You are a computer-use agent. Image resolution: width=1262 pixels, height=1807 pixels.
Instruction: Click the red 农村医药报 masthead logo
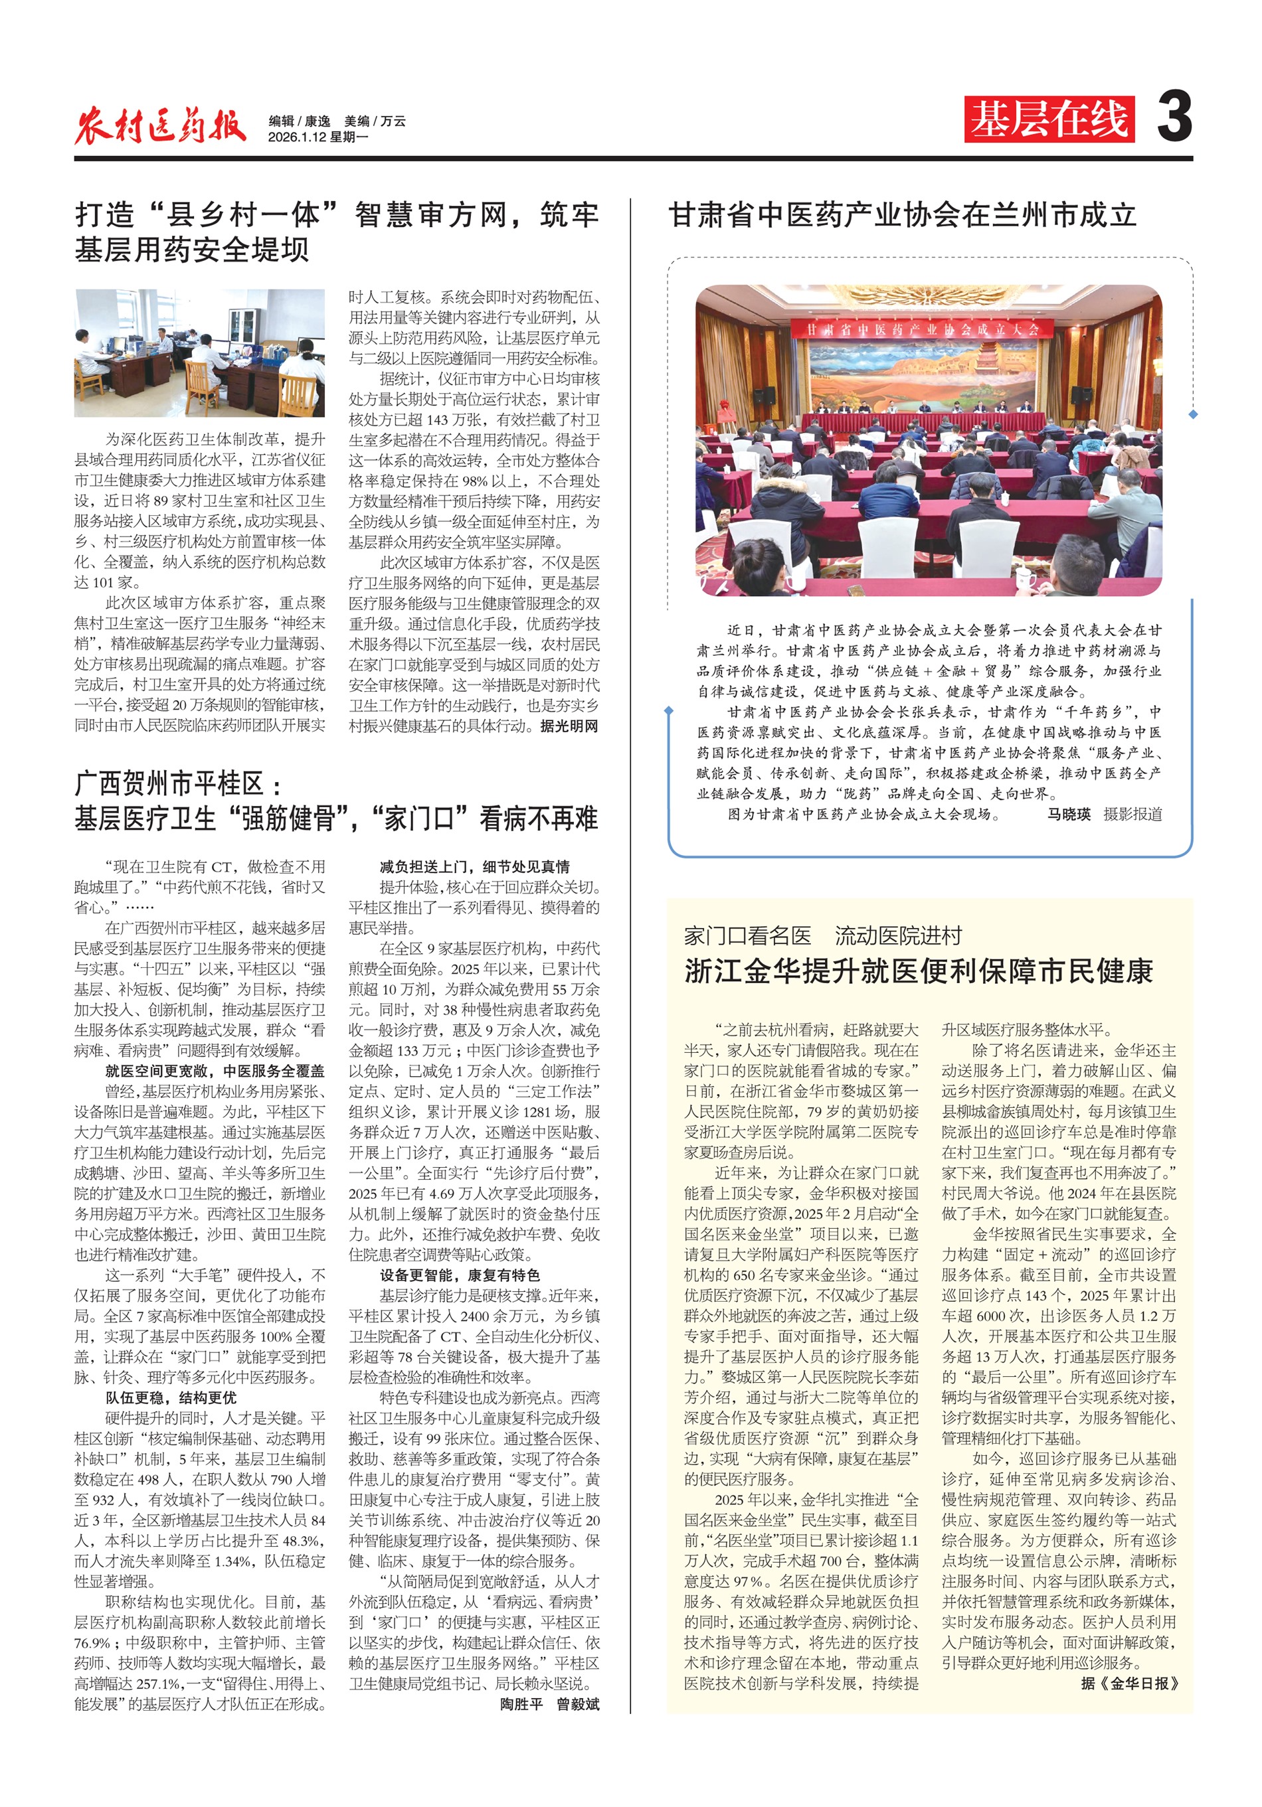(x=160, y=123)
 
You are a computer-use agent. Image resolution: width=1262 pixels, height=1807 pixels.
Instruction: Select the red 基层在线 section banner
(x=1049, y=119)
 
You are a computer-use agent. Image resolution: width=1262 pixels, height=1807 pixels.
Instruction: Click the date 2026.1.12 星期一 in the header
(x=318, y=137)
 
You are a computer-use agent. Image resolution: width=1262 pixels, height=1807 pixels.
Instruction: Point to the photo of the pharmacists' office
(x=199, y=353)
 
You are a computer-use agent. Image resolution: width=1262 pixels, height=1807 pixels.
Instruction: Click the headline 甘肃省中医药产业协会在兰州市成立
(x=902, y=215)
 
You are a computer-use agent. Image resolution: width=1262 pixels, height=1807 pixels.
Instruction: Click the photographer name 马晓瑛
(x=1068, y=815)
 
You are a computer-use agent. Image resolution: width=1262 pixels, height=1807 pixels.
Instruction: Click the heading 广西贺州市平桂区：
(x=179, y=784)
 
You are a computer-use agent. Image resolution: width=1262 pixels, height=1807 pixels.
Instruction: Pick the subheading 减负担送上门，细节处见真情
(x=475, y=866)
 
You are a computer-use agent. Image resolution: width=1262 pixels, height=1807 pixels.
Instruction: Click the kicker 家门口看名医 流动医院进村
(x=823, y=936)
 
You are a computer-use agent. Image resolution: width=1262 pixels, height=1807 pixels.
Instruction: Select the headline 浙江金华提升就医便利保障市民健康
(x=919, y=971)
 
